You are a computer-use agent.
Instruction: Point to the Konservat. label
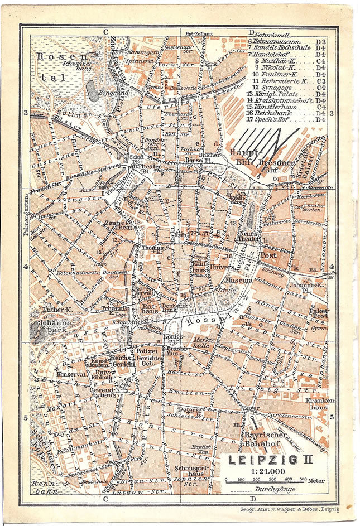(x=71, y=374)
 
